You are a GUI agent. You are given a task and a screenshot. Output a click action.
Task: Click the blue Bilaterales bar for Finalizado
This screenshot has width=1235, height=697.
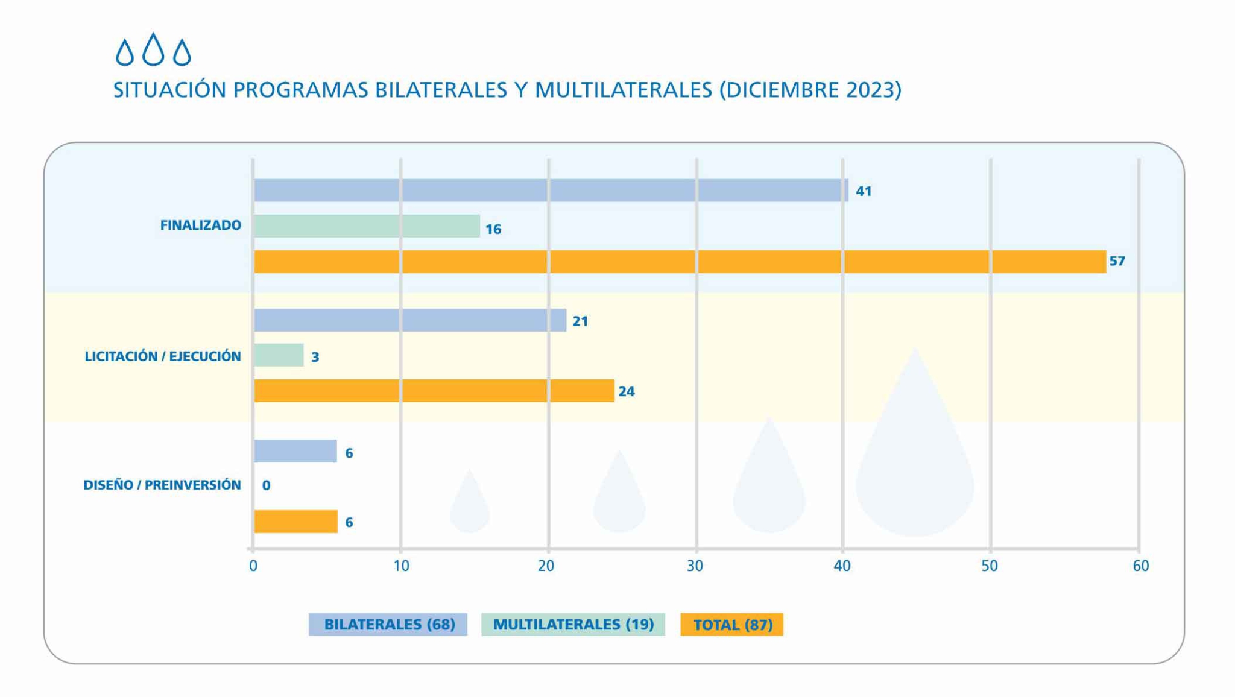(x=551, y=191)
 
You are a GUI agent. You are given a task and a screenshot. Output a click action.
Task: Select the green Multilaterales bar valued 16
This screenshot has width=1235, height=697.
(x=367, y=226)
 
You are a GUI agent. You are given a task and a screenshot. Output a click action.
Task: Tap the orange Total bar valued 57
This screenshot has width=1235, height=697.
(x=680, y=262)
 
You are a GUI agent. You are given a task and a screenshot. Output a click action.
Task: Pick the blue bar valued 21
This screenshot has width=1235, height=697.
(x=410, y=320)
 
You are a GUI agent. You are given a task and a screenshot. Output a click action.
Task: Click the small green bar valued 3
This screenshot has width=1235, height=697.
(x=279, y=355)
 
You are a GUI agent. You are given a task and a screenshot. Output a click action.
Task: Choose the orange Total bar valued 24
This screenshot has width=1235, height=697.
(x=434, y=391)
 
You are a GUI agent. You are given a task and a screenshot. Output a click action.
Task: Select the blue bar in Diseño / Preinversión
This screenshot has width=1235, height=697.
(x=295, y=451)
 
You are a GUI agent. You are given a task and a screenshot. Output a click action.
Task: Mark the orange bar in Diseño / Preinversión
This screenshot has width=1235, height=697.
(x=295, y=522)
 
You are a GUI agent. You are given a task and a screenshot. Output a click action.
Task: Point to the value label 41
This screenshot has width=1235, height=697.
(x=864, y=191)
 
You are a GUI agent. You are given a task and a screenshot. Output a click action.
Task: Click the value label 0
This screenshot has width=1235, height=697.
(x=266, y=485)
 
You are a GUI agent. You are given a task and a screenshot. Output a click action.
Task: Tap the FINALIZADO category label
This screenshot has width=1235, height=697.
(x=200, y=225)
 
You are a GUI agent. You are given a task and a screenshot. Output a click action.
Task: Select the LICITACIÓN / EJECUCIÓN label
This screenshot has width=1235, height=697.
(x=163, y=356)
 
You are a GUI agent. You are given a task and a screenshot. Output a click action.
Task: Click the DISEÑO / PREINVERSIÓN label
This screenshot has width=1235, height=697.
(x=162, y=485)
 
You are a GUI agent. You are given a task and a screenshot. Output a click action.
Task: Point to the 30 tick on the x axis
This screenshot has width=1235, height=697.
(x=695, y=566)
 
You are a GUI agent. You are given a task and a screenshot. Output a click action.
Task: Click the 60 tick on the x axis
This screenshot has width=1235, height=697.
(x=1140, y=566)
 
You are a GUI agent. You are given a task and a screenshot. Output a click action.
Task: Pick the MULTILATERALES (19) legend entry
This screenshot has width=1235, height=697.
(x=573, y=625)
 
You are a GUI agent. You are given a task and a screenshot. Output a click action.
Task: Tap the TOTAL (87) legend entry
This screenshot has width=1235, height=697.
(x=731, y=625)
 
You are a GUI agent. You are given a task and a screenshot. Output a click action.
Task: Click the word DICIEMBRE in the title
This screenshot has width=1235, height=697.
(x=785, y=90)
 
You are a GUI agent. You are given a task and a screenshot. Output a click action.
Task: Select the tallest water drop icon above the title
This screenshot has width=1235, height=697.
(x=153, y=49)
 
